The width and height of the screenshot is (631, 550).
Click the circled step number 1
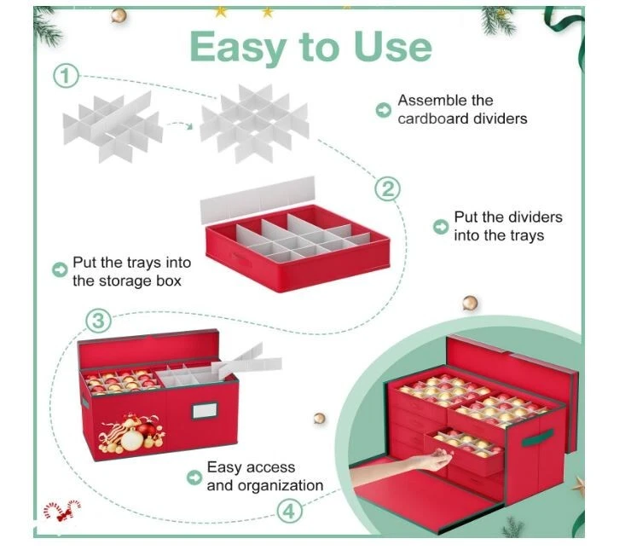66,76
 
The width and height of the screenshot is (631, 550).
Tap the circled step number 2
387,188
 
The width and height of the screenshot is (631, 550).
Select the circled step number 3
98,321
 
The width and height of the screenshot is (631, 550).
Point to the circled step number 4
289,512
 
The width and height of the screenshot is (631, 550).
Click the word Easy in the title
239,49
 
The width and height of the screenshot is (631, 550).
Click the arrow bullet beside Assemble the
383,110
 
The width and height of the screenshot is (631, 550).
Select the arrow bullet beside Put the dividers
441,227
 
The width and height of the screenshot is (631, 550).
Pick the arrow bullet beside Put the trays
60,269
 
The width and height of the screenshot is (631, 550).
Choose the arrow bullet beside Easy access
194,478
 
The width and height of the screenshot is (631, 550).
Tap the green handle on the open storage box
537,437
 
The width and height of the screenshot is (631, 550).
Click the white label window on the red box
205,411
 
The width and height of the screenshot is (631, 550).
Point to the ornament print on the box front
131,432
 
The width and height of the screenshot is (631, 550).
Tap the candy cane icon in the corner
62,511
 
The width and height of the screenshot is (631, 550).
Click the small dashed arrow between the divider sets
179,125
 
